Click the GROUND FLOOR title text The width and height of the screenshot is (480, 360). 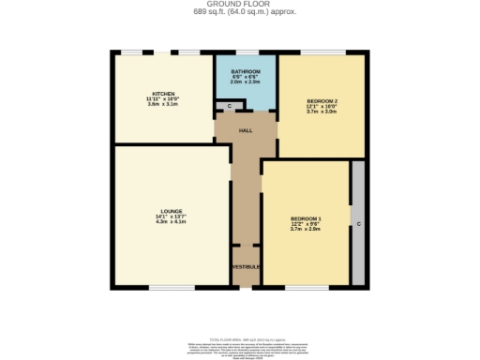[x=239, y=5]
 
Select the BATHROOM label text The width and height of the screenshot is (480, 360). [x=246, y=71]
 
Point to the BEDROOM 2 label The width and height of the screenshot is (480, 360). [x=322, y=100]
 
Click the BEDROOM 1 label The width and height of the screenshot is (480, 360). [x=307, y=217]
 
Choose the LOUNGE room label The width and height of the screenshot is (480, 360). [x=171, y=211]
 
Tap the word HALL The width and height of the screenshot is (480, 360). [x=246, y=130]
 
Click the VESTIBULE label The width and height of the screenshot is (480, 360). [x=246, y=266]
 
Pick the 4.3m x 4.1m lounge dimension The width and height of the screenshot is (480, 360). [x=171, y=222]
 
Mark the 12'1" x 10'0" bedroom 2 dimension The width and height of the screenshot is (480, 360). [x=322, y=106]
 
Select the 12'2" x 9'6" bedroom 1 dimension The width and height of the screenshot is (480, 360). [x=307, y=223]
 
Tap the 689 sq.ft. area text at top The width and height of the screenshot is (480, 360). [x=239, y=13]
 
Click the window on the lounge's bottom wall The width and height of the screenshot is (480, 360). [x=172, y=287]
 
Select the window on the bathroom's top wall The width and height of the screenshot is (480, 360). [x=247, y=52]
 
